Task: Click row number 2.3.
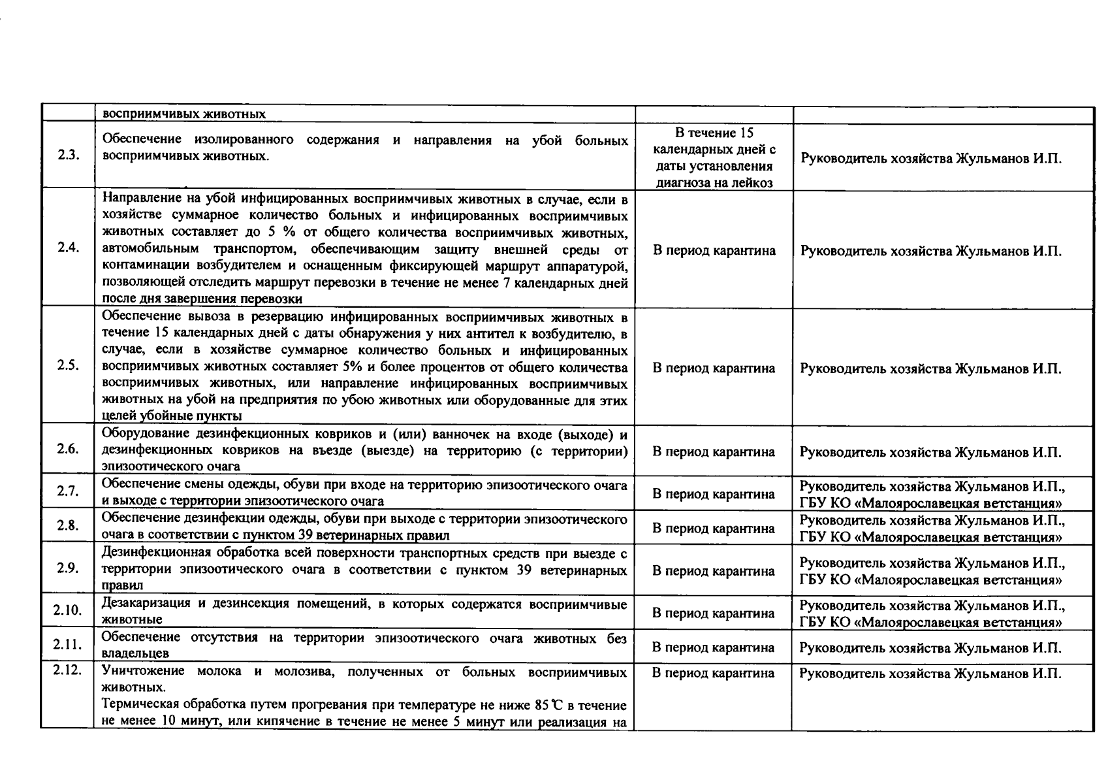click(x=68, y=157)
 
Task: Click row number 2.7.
click(x=68, y=491)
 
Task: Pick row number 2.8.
click(x=68, y=525)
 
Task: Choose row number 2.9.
click(x=68, y=568)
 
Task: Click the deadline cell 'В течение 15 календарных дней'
click(x=714, y=157)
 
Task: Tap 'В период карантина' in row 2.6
click(x=714, y=451)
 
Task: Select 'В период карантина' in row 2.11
click(x=714, y=647)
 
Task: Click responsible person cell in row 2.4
click(x=930, y=251)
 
